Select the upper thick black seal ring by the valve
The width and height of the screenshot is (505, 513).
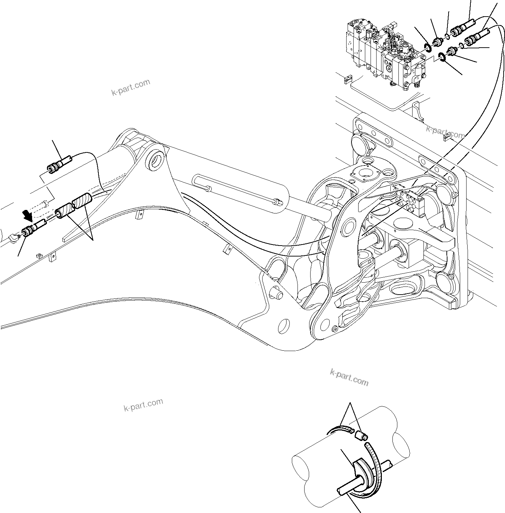point(427,48)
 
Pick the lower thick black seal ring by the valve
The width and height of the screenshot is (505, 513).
point(441,56)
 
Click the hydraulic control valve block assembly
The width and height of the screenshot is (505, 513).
point(385,53)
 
